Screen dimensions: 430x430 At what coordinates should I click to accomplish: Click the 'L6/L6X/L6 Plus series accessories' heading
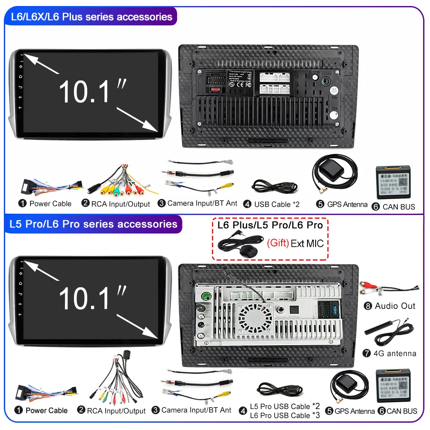click(92, 17)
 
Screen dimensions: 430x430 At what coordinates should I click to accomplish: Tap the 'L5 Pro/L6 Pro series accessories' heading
click(94, 224)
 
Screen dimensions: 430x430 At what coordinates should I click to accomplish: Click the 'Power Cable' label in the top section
click(50, 203)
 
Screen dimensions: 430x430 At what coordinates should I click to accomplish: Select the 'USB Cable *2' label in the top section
click(276, 204)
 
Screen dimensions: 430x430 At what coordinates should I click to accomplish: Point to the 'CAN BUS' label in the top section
click(399, 207)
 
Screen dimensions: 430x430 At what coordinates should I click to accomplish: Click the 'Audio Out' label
click(395, 306)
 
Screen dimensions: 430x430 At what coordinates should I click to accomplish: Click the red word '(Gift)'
click(278, 243)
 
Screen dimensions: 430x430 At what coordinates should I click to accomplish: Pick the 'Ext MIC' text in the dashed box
click(307, 244)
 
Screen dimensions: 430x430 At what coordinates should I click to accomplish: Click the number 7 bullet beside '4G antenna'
click(367, 353)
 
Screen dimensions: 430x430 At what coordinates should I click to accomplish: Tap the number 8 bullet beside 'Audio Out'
click(367, 306)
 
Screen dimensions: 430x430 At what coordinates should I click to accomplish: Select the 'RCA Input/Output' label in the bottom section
click(116, 411)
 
